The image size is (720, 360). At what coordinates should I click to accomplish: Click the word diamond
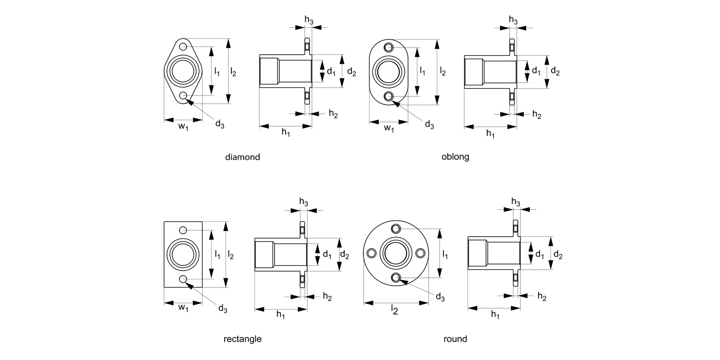[x=242, y=157]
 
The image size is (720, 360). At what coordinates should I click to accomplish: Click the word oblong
[x=455, y=157]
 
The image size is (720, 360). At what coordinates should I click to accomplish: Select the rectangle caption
[x=242, y=339]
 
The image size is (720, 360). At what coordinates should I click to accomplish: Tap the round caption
[x=455, y=339]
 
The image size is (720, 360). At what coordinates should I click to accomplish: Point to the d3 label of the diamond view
[x=220, y=124]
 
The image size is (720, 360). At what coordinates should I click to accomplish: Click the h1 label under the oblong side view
[x=490, y=133]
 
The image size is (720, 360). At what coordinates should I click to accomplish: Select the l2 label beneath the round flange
[x=394, y=311]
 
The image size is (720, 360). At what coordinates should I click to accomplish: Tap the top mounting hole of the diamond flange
[x=183, y=47]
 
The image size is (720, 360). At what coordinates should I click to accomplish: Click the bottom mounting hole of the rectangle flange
[x=183, y=279]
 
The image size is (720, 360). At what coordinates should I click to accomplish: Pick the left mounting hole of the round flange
[x=371, y=253]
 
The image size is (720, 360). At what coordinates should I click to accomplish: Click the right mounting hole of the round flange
[x=420, y=253]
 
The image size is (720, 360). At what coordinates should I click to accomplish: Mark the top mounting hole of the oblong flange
[x=389, y=47]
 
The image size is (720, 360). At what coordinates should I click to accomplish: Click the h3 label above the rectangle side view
[x=304, y=202]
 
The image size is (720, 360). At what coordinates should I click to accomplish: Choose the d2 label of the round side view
[x=558, y=254]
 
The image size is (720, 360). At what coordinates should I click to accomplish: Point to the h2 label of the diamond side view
[x=333, y=114]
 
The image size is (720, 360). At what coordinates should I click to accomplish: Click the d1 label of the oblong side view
[x=536, y=71]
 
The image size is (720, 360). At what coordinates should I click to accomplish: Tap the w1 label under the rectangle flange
[x=183, y=307]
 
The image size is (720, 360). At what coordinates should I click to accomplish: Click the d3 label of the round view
[x=440, y=297]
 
